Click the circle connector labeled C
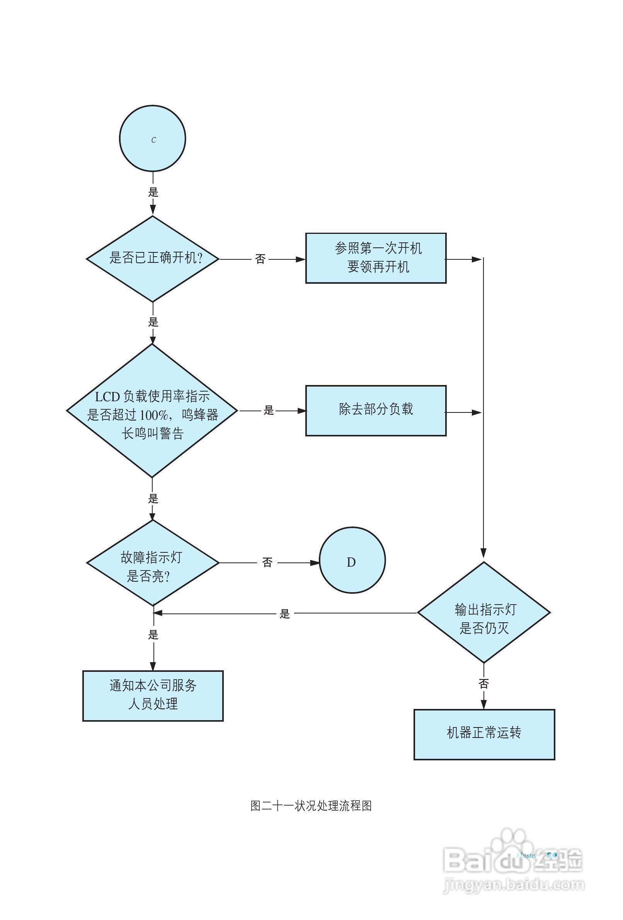pos(152,138)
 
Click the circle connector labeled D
pos(352,560)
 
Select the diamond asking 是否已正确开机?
pos(153,259)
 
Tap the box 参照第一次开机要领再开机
pos(376,258)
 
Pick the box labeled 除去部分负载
pos(376,411)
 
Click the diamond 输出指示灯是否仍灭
pos(484,612)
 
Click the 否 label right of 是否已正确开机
pos(260,259)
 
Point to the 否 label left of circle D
pos(267,562)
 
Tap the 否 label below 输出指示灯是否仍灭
pos(484,684)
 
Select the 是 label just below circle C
pos(153,193)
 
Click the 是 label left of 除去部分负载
pos(269,411)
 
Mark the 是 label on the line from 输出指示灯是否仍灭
pos(284,614)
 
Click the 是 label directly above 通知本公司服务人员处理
pos(153,635)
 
